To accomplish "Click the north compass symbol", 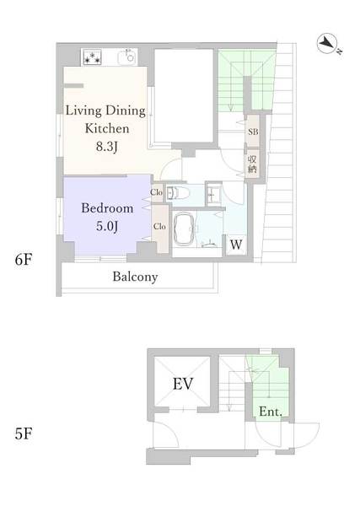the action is [329, 44].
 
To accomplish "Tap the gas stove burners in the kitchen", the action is [93, 57].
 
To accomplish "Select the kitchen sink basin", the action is [127, 57].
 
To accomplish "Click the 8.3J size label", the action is [107, 147].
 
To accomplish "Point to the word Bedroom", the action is [107, 208].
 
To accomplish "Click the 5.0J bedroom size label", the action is [107, 226].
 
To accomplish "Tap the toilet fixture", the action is [178, 193].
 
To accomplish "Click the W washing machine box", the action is [236, 245].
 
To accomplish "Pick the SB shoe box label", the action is [253, 132].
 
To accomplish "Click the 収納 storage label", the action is [252, 164].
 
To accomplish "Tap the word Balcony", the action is [135, 277].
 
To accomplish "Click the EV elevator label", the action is [183, 384].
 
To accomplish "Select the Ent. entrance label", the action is [271, 412].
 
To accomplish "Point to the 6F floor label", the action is [24, 260].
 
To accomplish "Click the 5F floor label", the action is [24, 433].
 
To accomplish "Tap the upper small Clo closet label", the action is [156, 192].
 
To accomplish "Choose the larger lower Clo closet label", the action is [159, 226].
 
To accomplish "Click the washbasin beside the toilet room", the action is [213, 195].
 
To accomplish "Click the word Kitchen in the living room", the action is [107, 128].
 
